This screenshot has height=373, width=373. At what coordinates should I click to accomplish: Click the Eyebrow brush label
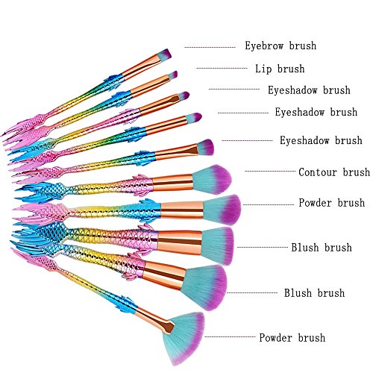coord(280,46)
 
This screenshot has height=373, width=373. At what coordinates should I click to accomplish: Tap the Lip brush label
coord(280,69)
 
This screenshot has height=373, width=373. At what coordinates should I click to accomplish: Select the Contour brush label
coord(334,172)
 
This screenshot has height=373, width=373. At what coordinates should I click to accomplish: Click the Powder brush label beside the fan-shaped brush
coord(292,338)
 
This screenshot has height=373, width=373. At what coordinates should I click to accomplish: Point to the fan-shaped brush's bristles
coord(185,338)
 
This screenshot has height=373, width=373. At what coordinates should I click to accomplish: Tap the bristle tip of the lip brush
coord(173,75)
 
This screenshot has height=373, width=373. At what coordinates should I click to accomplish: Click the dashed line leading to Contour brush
coord(270,171)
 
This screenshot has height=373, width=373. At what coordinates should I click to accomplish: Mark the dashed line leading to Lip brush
coord(222,68)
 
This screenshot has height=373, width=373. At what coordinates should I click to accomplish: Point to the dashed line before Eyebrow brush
coord(210,47)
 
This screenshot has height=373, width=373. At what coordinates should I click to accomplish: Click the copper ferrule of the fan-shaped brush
coord(155,320)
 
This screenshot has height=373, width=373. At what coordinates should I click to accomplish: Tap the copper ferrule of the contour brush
coord(172,183)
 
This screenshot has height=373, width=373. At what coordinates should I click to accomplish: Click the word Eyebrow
coord(264,46)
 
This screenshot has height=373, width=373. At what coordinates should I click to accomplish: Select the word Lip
coord(263,69)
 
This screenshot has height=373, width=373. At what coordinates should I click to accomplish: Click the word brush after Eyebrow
coord(303,46)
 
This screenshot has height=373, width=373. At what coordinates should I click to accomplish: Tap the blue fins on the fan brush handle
coord(128,304)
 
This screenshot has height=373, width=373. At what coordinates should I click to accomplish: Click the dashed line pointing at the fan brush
coord(230,337)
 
